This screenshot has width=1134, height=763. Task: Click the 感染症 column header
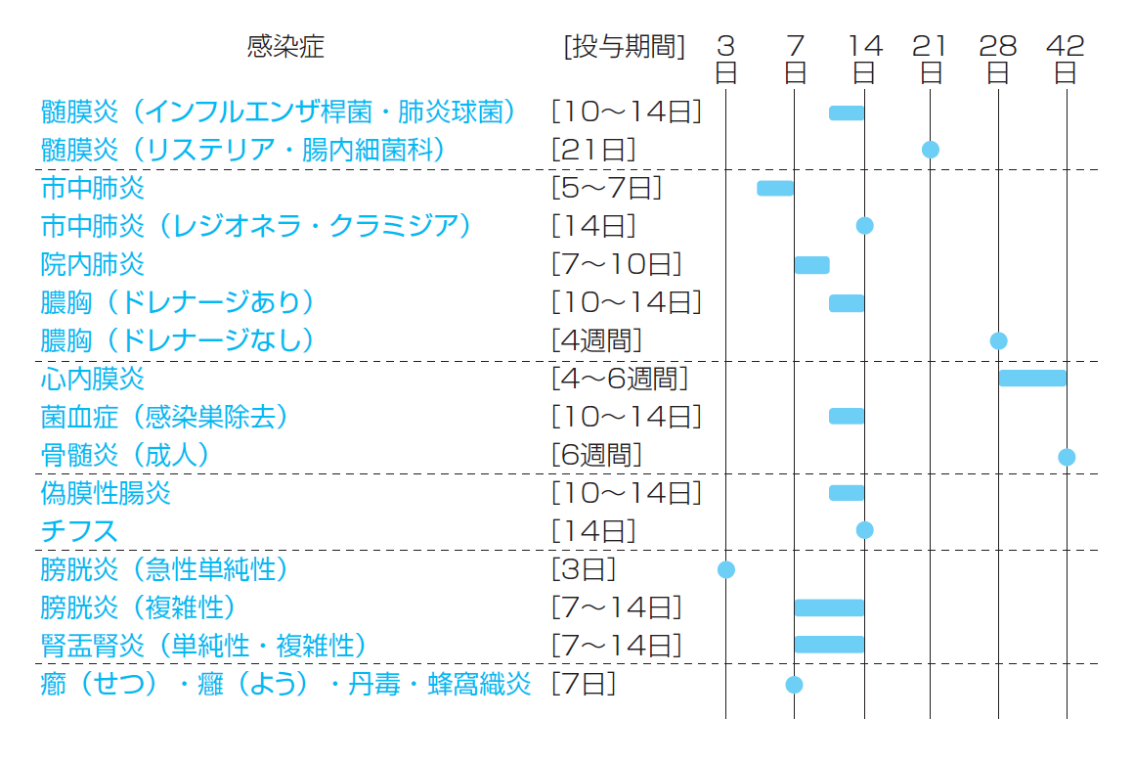[x=285, y=46]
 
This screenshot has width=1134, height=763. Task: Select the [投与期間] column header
[x=625, y=46]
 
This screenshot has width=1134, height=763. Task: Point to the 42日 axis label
[x=1066, y=59]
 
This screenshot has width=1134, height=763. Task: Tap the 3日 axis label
[x=725, y=59]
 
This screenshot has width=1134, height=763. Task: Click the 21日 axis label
[x=930, y=59]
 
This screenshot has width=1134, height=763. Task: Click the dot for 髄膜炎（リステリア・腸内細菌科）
[x=930, y=150]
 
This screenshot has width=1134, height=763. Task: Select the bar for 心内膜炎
[x=1032, y=378]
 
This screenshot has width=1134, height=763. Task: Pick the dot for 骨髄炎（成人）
[x=1066, y=457]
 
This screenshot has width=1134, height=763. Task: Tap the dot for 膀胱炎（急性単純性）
[x=725, y=569]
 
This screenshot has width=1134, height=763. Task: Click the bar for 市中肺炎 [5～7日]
[x=775, y=188]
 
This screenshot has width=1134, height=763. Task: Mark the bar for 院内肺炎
[x=811, y=264]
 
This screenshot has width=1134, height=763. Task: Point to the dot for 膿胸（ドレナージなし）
[x=998, y=340]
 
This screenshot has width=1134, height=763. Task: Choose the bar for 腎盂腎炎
[x=829, y=644]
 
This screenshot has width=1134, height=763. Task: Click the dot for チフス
[x=864, y=530]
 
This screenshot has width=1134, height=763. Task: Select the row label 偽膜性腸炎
[x=106, y=493]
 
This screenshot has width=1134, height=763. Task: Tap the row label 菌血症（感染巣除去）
[x=164, y=417]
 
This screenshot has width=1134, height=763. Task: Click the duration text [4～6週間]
[x=620, y=378]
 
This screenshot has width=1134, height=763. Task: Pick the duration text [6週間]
[x=596, y=455]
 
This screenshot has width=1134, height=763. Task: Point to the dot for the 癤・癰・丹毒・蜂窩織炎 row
[x=794, y=684]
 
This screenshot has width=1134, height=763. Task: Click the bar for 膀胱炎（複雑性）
[x=829, y=607]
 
